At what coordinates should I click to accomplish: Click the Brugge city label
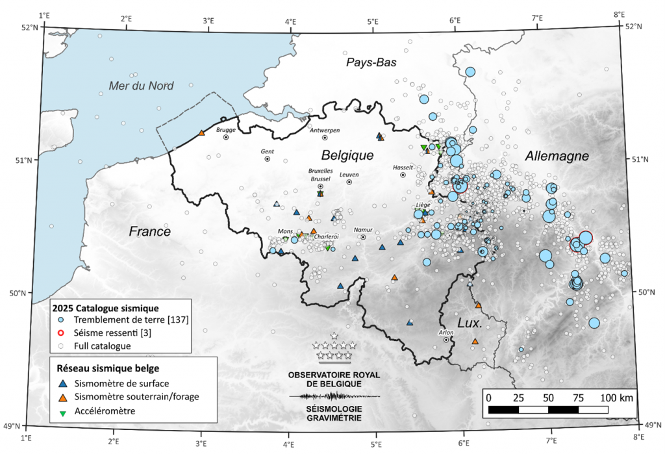click(225, 129)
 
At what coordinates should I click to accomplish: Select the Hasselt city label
click(403, 167)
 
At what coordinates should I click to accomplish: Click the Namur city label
click(362, 230)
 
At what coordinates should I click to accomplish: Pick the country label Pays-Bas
click(371, 62)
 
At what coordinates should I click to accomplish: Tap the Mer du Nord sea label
click(142, 86)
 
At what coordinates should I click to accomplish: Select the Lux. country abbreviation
click(470, 323)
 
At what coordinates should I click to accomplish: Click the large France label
click(149, 231)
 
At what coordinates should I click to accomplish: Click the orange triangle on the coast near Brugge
click(201, 133)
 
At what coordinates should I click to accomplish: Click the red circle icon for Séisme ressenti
click(60, 333)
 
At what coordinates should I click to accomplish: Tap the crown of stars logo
click(333, 349)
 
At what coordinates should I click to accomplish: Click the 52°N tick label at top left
click(29, 27)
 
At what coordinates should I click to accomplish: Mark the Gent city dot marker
click(268, 158)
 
